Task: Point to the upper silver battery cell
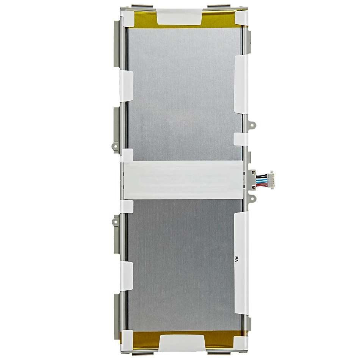182,95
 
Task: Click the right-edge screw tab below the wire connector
251,196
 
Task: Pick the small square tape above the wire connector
241,138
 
